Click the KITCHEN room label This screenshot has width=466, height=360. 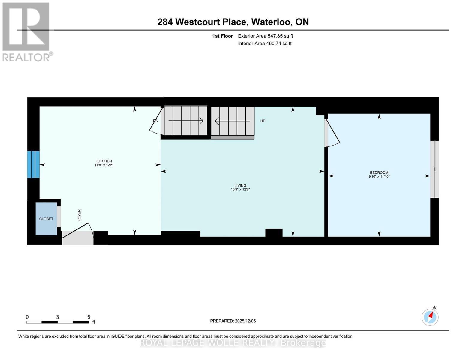pos(104,161)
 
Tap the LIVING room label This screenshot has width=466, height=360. pos(240,186)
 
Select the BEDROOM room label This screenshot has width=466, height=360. pos(379,172)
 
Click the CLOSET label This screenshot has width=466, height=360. pos(46,219)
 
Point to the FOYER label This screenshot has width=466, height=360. pos(79,215)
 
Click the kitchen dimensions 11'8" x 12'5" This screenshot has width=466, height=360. pos(104,165)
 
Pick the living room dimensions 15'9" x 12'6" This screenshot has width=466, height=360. pos(240,190)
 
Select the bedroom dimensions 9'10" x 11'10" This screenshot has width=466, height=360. pos(379,177)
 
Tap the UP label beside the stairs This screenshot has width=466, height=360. pos(263,121)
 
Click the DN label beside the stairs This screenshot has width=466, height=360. pos(155,121)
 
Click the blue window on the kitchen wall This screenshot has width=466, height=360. pos(33,164)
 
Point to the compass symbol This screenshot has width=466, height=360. pos(430,317)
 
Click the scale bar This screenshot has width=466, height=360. pos(57,322)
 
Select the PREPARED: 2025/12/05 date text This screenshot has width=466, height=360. pos(233,321)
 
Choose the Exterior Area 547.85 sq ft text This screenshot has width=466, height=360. pos(265,36)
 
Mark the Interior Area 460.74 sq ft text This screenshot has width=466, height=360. pos(265,43)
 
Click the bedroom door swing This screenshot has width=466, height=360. pos(332,134)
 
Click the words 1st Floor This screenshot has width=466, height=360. pos(222,36)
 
